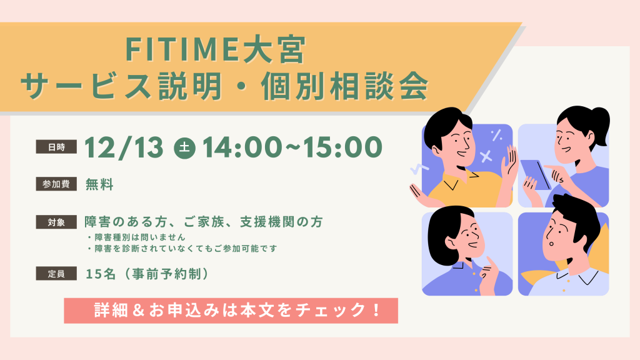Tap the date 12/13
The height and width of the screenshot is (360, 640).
124,147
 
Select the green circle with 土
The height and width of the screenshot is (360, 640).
185,147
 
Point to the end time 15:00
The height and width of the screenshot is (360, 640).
342,147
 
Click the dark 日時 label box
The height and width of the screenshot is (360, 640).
56,147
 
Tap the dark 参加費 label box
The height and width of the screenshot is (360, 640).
56,184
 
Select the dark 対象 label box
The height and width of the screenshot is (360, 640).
56,222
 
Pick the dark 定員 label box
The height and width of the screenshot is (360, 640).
56,274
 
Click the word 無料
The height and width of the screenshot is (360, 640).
99,184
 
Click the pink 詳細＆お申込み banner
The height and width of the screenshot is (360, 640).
231,311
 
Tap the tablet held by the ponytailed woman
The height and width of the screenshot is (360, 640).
536,175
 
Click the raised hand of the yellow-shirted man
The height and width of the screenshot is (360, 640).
510,161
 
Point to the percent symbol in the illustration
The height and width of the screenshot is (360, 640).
496,135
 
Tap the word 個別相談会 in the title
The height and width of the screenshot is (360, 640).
345,86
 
